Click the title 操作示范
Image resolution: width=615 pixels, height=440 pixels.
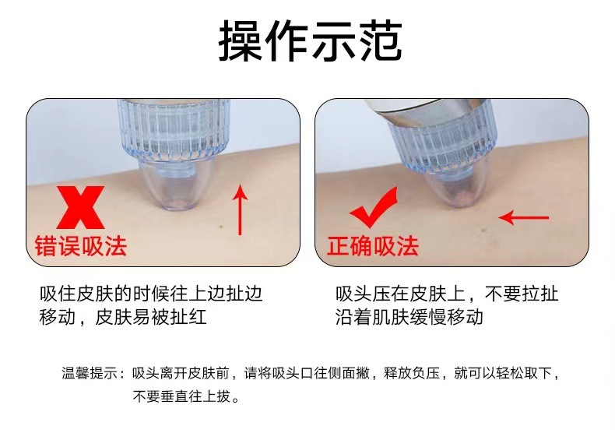[311, 40]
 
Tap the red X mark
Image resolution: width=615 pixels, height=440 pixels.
[80, 207]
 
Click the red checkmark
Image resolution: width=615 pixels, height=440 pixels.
[374, 207]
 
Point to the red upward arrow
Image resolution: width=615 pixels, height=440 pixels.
[240, 210]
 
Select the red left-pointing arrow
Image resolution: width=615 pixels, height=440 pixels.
[524, 217]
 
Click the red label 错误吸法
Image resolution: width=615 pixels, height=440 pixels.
[81, 246]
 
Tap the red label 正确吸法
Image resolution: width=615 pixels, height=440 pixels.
[373, 246]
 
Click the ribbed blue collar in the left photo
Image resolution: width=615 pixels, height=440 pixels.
[174, 129]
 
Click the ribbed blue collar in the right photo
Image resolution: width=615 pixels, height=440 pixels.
[442, 143]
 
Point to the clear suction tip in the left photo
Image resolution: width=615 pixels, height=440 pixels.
[177, 184]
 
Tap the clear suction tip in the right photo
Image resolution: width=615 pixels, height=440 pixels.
[459, 188]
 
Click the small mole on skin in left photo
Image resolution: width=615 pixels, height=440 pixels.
[221, 227]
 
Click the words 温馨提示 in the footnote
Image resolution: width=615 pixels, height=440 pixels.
[90, 373]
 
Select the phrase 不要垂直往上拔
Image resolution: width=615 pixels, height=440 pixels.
[181, 396]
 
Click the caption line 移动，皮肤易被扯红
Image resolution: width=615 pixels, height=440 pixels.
[123, 317]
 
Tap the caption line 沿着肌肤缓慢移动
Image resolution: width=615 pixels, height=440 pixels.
[409, 317]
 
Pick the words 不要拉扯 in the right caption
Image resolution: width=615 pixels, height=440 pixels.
[522, 294]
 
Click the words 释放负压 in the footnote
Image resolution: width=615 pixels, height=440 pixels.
[412, 373]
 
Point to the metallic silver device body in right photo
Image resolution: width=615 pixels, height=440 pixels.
[427, 113]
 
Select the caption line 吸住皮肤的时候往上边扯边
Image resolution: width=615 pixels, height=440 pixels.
[151, 294]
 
